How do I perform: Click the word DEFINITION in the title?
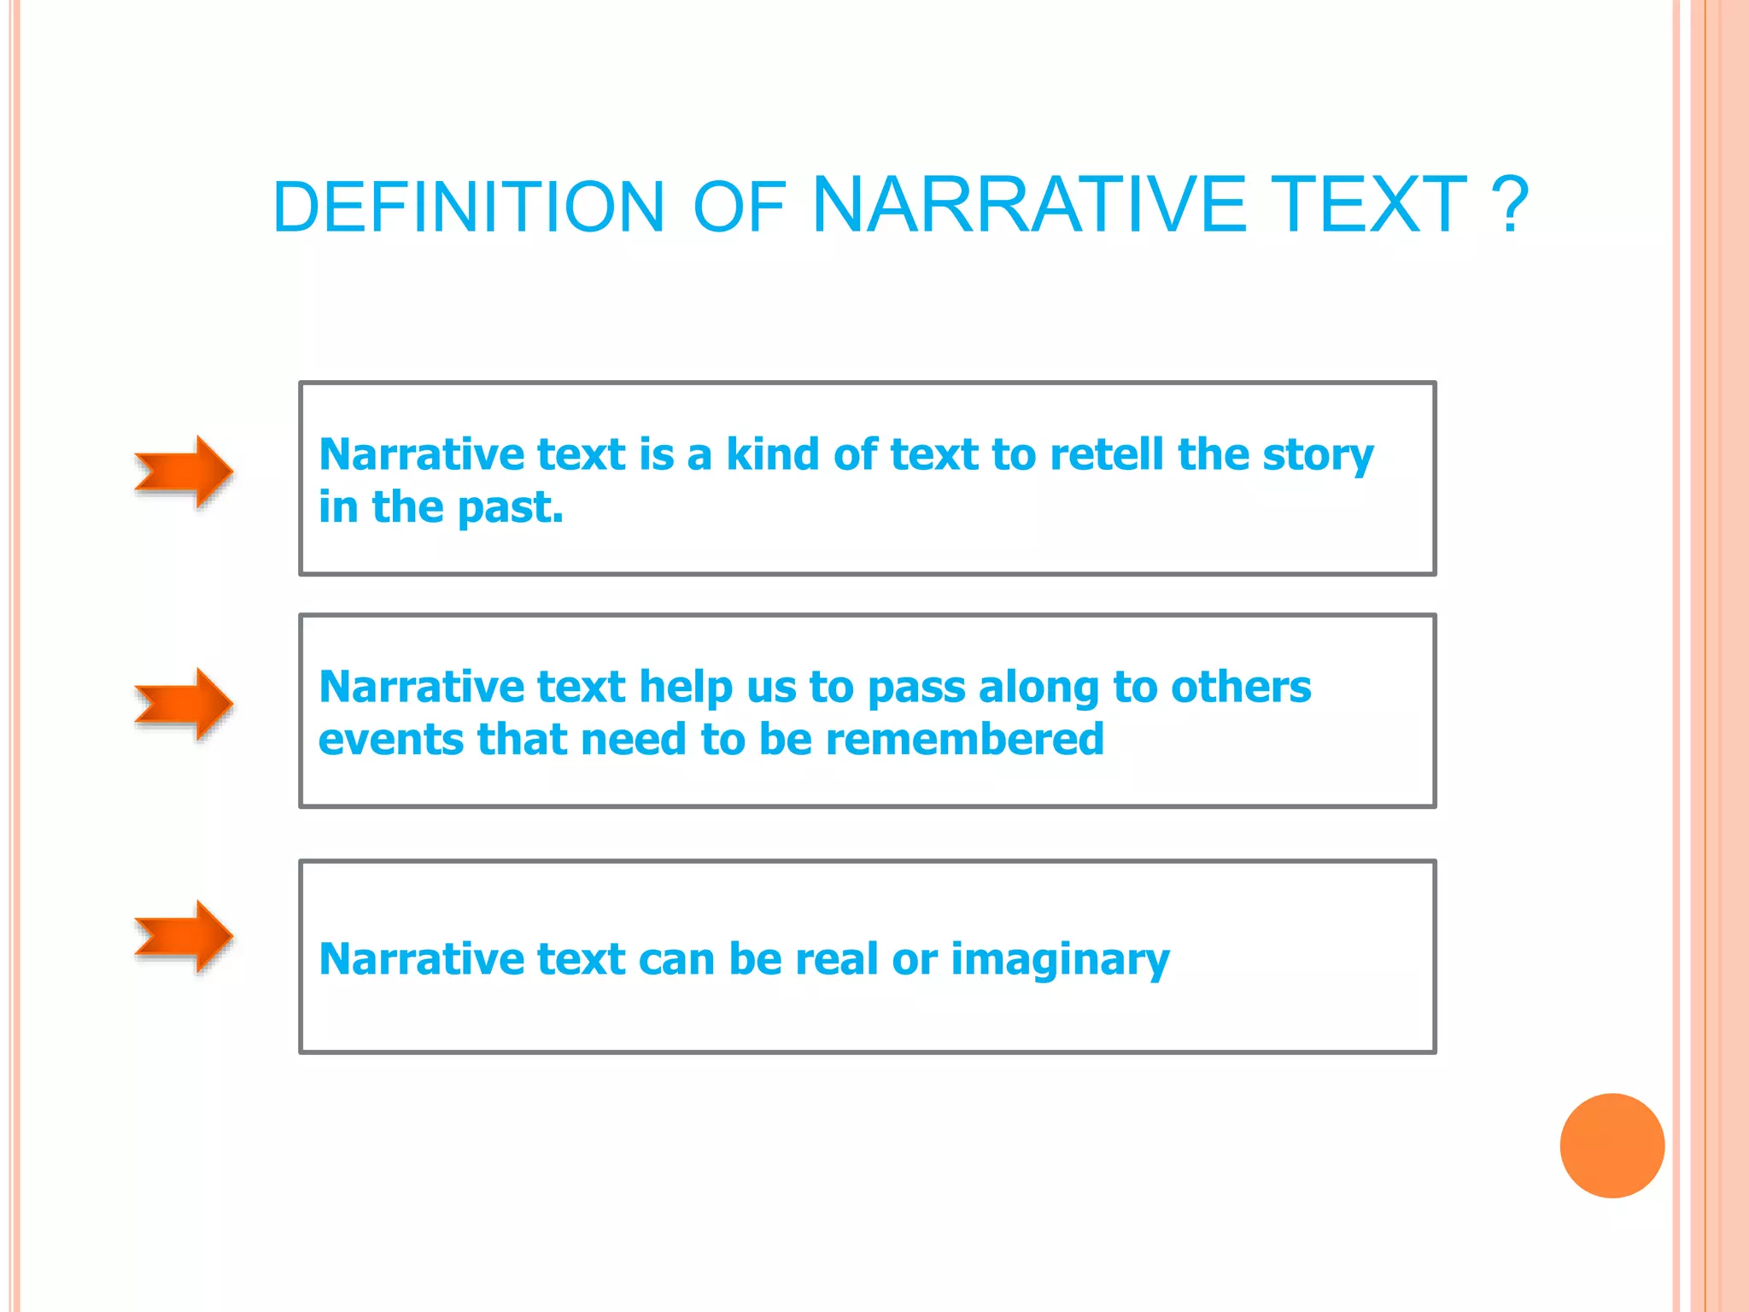click(x=468, y=207)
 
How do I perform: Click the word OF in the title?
click(x=739, y=207)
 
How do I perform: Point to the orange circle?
click(x=1612, y=1145)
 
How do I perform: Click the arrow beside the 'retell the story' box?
click(x=184, y=471)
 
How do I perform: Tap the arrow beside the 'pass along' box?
click(x=184, y=704)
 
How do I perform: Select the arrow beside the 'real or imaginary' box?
click(x=184, y=936)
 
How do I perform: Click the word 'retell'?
click(x=1106, y=454)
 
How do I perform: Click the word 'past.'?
click(x=510, y=508)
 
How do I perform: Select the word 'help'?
click(x=686, y=688)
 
